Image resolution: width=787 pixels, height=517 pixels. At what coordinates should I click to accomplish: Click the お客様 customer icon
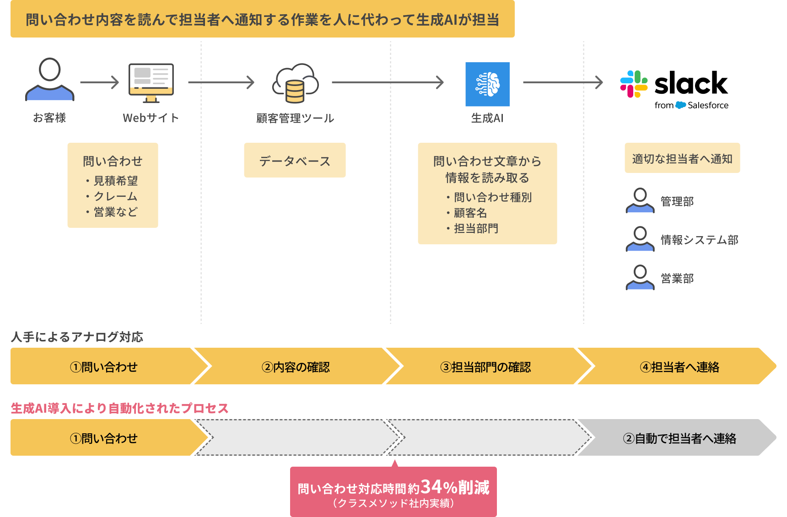[50, 79]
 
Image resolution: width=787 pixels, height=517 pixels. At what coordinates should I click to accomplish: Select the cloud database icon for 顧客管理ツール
[296, 83]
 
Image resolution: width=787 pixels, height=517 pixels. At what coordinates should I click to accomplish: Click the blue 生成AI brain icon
[487, 84]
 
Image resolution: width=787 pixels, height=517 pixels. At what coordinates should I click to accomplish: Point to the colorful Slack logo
[634, 84]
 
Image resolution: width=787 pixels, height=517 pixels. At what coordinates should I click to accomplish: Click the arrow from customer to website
[99, 82]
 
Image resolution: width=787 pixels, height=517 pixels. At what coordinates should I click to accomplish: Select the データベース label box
[295, 161]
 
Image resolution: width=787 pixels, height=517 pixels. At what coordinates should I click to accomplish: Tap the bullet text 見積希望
[116, 181]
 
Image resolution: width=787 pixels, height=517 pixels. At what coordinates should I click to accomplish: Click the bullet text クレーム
[116, 196]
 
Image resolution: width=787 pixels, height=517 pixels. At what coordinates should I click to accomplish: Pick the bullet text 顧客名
[470, 213]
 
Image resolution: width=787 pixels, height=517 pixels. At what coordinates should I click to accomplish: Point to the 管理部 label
[677, 201]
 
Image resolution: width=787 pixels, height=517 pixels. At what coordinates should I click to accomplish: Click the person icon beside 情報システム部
[640, 239]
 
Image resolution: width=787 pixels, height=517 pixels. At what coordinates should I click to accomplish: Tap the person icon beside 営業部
[640, 277]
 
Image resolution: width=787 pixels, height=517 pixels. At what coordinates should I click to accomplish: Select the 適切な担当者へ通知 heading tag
[682, 159]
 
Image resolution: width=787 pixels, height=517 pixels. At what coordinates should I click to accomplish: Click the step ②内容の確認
[296, 367]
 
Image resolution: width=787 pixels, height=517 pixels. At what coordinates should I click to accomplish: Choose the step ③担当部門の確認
[485, 367]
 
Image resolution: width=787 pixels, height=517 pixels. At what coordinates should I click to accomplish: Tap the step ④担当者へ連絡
[679, 367]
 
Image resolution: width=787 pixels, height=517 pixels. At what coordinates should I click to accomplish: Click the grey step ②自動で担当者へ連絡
[679, 438]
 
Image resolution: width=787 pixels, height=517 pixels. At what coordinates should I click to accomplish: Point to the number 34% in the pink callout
[438, 487]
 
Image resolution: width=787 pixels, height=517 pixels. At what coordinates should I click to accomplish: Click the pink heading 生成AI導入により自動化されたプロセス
[119, 408]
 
